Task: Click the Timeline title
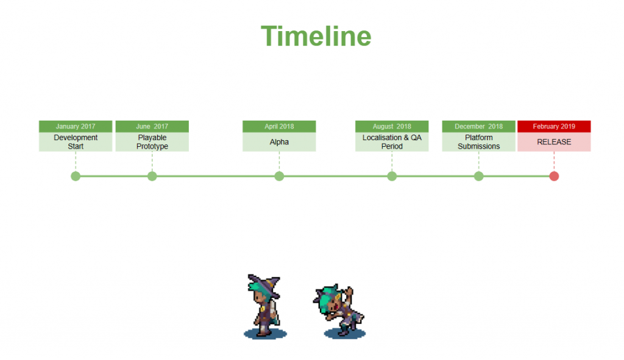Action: click(x=316, y=36)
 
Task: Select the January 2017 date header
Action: click(x=76, y=127)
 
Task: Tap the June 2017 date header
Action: click(x=152, y=127)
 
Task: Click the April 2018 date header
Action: click(x=279, y=127)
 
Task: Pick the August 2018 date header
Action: click(x=392, y=127)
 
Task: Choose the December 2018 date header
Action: click(x=479, y=127)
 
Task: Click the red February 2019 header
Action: click(x=554, y=127)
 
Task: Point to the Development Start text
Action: click(x=76, y=142)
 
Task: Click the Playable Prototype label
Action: click(x=152, y=142)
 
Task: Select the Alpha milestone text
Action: click(x=279, y=142)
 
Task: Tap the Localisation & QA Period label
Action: click(x=392, y=142)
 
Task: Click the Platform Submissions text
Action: click(x=479, y=142)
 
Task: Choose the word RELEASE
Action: click(x=554, y=142)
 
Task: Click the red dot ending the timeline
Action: click(x=554, y=176)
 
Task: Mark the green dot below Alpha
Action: click(x=279, y=176)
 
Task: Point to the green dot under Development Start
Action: click(x=76, y=176)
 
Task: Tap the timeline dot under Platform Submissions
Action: click(x=479, y=176)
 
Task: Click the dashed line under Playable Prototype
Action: click(x=152, y=161)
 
